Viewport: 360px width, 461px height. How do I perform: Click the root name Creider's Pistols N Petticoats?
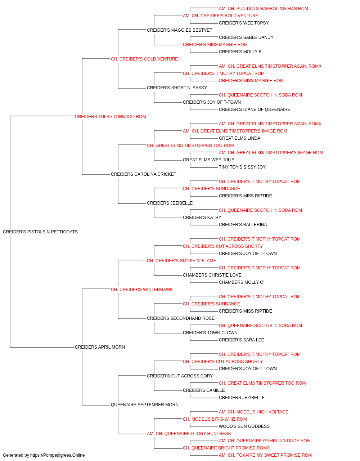[40, 232]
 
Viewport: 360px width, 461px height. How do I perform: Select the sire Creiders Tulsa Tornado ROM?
[110, 117]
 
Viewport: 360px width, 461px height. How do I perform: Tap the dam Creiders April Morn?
[100, 347]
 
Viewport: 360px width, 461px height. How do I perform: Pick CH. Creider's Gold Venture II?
[146, 59]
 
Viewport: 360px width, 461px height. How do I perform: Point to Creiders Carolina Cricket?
[144, 174]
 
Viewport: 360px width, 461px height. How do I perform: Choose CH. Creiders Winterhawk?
[142, 290]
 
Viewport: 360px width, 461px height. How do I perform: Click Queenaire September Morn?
[145, 405]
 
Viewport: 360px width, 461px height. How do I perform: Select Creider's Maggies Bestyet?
[179, 30]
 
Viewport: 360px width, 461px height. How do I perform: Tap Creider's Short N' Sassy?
[177, 88]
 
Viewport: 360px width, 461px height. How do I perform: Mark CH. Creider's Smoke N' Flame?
[181, 261]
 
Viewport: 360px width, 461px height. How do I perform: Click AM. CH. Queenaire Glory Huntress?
[189, 434]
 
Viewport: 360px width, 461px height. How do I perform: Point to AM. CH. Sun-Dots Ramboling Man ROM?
[263, 9]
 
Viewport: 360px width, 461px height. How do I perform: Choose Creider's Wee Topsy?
[244, 23]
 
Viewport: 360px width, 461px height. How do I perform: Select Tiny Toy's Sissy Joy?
[242, 167]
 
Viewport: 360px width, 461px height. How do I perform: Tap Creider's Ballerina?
[243, 225]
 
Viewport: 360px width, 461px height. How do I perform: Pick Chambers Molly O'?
[241, 282]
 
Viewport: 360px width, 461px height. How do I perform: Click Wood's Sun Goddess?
[244, 426]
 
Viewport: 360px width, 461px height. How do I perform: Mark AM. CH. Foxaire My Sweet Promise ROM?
[265, 455]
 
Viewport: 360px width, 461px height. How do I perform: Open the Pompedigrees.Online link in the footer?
[58, 455]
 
